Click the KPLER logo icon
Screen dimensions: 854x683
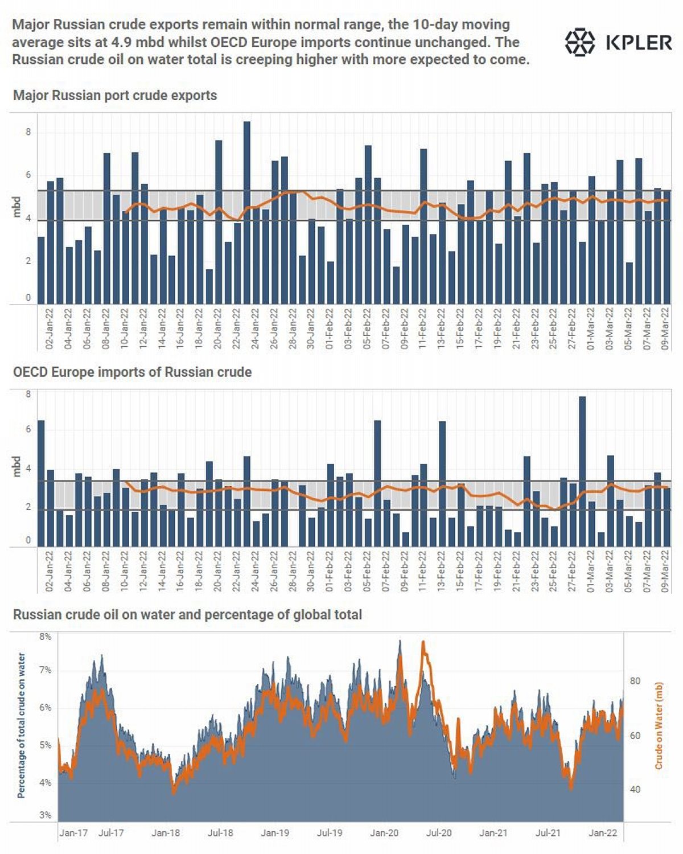[579, 42]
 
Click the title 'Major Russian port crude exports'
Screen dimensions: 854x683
[115, 95]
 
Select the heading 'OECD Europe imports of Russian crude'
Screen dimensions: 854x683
[132, 372]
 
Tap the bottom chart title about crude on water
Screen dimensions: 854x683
[187, 615]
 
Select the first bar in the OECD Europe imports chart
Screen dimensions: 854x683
[41, 483]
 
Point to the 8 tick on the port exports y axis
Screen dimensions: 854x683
[28, 133]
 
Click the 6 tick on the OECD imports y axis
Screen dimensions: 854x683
[28, 429]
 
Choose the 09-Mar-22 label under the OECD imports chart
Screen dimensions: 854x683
[665, 572]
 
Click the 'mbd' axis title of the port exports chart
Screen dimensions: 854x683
[17, 207]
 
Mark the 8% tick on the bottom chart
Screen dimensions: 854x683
[45, 637]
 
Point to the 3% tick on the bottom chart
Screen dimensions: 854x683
[45, 815]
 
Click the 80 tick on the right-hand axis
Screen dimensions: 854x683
[635, 681]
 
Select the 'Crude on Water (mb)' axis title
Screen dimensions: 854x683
[659, 726]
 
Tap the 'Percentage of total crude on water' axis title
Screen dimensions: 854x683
[22, 725]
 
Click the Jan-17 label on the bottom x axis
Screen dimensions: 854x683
[74, 833]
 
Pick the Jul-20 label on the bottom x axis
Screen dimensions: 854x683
[439, 833]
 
